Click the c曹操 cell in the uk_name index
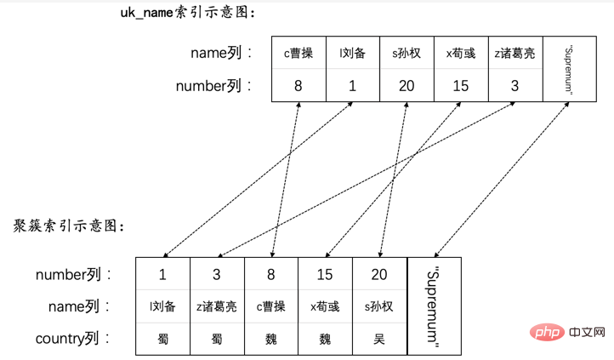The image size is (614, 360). [x=298, y=53]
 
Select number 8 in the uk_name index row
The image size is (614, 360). [x=298, y=86]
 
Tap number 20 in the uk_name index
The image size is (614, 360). [x=406, y=86]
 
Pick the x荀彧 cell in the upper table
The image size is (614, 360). [x=461, y=53]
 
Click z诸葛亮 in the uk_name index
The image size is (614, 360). [x=515, y=53]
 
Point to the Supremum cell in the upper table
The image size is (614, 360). [x=570, y=69]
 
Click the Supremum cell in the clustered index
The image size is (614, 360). [x=434, y=306]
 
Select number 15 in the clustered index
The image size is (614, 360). [x=325, y=275]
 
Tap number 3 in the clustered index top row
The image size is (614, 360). [x=217, y=275]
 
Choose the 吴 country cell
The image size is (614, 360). [x=379, y=339]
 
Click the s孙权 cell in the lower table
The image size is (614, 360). [x=379, y=306]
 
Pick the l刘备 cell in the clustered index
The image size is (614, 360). [x=162, y=306]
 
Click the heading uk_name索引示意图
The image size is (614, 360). [x=187, y=13]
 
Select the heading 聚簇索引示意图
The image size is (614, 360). [x=69, y=226]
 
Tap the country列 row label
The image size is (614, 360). [x=72, y=339]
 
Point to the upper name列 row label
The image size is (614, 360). [x=221, y=53]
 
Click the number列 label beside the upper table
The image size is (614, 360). [x=213, y=86]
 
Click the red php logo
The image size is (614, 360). [x=547, y=332]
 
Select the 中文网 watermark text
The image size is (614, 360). [x=588, y=332]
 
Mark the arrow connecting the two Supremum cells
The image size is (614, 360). [x=502, y=180]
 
